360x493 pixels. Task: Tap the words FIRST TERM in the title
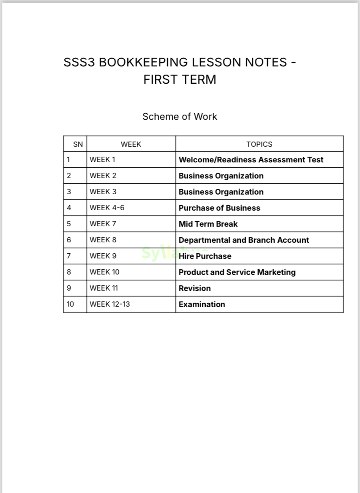(x=180, y=80)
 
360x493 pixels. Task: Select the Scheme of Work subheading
(x=180, y=116)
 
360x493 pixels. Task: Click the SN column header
(x=78, y=144)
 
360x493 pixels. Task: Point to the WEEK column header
(x=131, y=144)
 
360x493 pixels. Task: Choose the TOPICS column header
(x=259, y=144)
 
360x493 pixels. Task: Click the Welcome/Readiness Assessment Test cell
(x=251, y=160)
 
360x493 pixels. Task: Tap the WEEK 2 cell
(x=103, y=176)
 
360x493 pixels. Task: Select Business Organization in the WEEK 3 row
(x=221, y=192)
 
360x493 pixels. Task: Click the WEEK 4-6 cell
(x=107, y=208)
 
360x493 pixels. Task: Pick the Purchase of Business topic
(x=219, y=208)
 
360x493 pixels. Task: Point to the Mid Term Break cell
(x=208, y=224)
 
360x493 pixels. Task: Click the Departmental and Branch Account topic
(x=243, y=240)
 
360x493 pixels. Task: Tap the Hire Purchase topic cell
(x=205, y=256)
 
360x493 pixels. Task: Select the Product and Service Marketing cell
(x=237, y=272)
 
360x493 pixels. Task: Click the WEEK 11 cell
(x=103, y=288)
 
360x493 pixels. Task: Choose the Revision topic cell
(x=194, y=288)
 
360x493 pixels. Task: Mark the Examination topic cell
(x=202, y=304)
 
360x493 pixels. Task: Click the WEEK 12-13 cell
(x=110, y=304)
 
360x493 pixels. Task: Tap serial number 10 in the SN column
(x=70, y=304)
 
